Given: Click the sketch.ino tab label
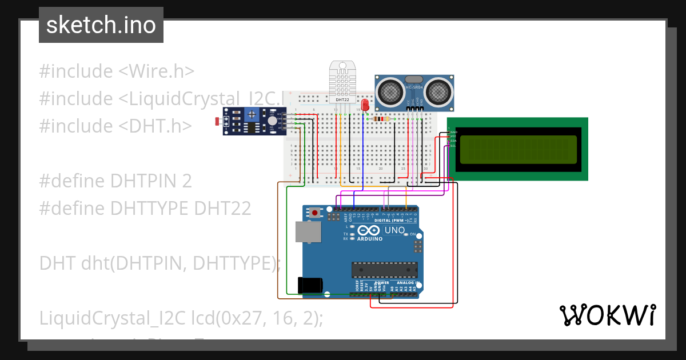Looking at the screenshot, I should pyautogui.click(x=101, y=25).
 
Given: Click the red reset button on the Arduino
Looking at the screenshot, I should pyautogui.click(x=315, y=213).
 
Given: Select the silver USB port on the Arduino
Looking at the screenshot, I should pyautogui.click(x=307, y=231).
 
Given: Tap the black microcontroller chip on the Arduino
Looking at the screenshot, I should pyautogui.click(x=384, y=269).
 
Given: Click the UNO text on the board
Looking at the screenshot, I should pyautogui.click(x=394, y=230).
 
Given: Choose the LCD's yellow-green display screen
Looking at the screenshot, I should pyautogui.click(x=518, y=150).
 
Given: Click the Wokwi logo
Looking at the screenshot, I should pyautogui.click(x=607, y=315).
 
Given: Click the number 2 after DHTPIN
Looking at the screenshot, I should pyautogui.click(x=186, y=181).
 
